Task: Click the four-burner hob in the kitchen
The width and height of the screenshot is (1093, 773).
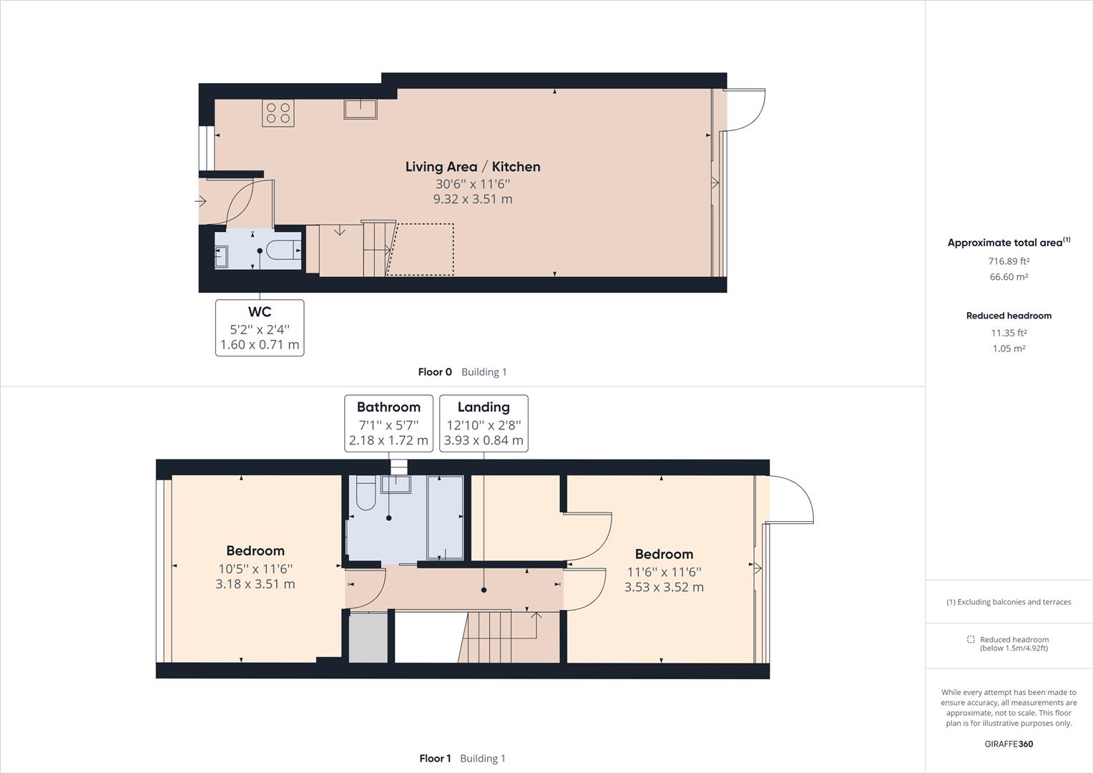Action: (278, 113)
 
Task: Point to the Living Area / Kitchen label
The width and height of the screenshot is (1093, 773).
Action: (473, 167)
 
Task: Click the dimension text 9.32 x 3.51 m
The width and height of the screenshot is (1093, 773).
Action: (473, 199)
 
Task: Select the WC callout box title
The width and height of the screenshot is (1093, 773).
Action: (260, 312)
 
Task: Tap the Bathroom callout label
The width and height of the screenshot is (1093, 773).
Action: (388, 407)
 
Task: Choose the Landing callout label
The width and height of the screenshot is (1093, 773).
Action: (484, 407)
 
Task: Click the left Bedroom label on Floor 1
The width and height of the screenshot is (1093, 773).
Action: (255, 550)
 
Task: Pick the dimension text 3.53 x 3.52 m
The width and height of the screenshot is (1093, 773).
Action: (664, 587)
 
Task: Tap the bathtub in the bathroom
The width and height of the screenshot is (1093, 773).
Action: (445, 517)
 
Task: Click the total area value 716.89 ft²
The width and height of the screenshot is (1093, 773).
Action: (1009, 261)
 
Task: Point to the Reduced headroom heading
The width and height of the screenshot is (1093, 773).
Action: (1009, 316)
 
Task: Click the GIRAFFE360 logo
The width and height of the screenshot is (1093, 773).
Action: (1009, 744)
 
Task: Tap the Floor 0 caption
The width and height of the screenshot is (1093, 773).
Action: (435, 372)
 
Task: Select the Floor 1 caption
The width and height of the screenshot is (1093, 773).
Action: (435, 759)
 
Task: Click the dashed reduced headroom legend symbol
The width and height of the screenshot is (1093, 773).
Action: (971, 639)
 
